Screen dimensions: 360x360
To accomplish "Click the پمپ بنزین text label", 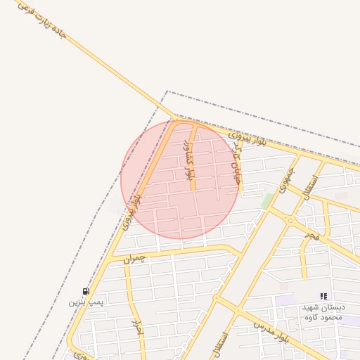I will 86,302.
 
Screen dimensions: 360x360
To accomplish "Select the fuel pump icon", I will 86,291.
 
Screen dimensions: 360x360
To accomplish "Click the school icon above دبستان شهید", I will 323,297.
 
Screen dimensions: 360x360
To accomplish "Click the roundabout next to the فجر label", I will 290,220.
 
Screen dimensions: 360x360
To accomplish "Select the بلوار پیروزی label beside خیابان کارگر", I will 248,136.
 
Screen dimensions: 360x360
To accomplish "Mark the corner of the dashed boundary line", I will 167,91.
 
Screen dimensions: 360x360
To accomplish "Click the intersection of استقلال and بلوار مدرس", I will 238,310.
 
